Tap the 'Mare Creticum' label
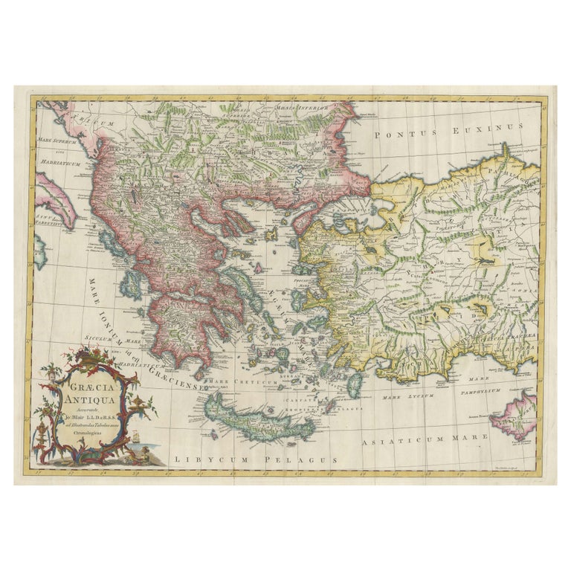(x=242, y=381)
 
